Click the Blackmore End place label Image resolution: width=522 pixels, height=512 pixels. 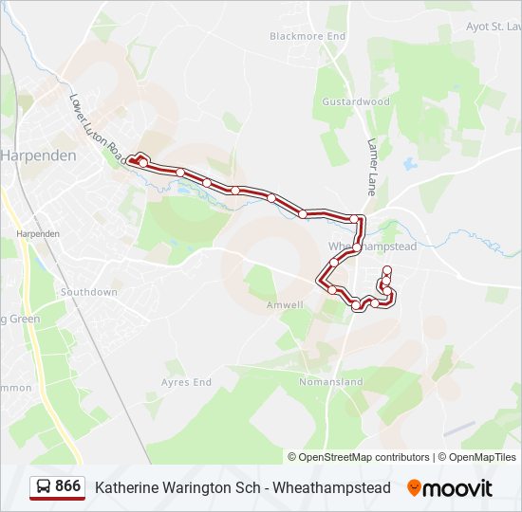308,36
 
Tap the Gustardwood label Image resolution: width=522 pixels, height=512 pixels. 356,101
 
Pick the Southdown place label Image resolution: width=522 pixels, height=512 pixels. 89,292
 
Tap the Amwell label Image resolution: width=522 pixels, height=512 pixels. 285,305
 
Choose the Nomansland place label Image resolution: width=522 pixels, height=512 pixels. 330,382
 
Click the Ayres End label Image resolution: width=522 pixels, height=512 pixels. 186,382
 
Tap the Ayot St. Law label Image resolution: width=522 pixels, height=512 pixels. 494,27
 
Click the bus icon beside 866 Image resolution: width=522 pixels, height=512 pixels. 44,486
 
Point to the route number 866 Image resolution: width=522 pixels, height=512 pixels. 67,486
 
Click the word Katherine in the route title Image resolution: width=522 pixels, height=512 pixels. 125,487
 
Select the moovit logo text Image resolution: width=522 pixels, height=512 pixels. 457,488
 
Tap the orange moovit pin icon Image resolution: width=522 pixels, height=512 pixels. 414,487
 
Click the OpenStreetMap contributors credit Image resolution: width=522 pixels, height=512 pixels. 364,457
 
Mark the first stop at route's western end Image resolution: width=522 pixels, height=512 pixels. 134,160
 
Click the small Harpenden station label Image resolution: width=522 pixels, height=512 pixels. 38,232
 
